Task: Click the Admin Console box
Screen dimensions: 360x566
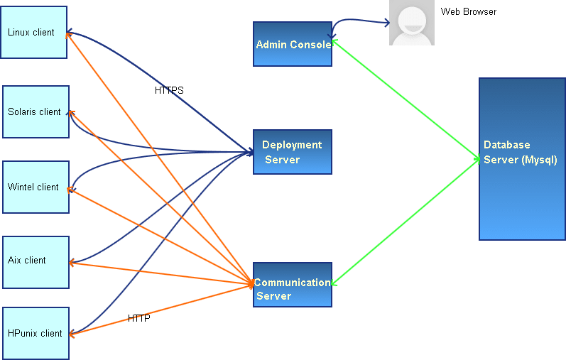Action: tap(293, 44)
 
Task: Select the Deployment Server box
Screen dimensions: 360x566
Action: tap(293, 152)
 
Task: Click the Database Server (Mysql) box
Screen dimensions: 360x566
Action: tap(522, 159)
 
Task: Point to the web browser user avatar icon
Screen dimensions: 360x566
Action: tap(412, 23)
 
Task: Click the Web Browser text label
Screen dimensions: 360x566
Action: tap(469, 12)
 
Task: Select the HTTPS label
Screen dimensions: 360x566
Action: tap(169, 91)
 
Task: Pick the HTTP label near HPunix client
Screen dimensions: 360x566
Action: tap(139, 318)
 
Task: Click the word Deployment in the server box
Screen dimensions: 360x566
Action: tap(292, 145)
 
